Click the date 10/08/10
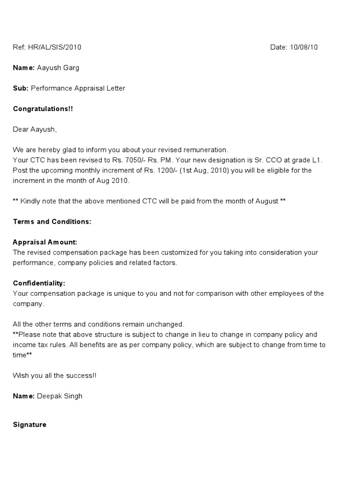304,47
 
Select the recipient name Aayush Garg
58,68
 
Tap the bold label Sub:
21,88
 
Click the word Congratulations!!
43,109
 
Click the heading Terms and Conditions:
52,222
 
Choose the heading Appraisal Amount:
45,242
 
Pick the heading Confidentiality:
39,284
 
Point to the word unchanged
167,324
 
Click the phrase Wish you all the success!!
55,375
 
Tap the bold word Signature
30,425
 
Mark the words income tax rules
39,345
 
